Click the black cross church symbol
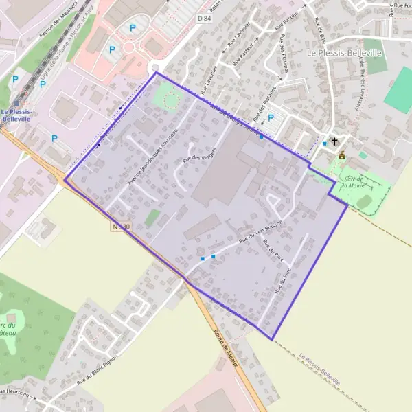coord(334,142)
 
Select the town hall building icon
coord(341,155)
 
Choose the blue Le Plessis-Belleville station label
coord(16,115)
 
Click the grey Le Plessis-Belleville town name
coord(344,52)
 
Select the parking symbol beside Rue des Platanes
coord(270,118)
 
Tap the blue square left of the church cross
coord(325,144)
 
